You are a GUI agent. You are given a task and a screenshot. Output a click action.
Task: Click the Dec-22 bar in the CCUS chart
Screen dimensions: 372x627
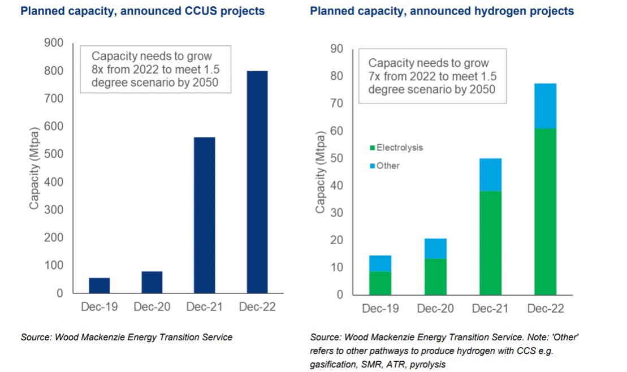tap(257, 182)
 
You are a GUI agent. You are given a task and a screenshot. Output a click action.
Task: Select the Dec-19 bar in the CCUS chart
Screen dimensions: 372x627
tap(100, 286)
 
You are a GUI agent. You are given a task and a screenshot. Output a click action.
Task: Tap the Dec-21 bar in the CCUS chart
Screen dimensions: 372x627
tap(204, 215)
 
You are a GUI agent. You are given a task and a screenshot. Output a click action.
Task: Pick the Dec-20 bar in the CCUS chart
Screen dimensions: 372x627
tap(152, 282)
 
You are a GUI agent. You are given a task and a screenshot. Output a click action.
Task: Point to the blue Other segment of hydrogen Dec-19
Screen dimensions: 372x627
tap(380, 263)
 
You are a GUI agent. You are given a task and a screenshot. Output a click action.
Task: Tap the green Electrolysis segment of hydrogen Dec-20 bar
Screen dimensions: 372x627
tap(435, 276)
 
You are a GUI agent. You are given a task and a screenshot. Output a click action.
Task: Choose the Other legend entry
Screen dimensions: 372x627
tap(388, 166)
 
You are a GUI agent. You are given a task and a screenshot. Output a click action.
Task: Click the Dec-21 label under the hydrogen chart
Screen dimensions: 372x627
tap(490, 309)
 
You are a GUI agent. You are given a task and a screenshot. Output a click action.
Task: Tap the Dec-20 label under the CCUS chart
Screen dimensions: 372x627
tap(152, 306)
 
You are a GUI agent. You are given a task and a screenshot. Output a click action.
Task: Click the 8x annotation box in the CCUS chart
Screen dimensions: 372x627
tap(154, 71)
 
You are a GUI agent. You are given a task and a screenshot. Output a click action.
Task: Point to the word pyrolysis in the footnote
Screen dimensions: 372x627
tap(427, 365)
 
